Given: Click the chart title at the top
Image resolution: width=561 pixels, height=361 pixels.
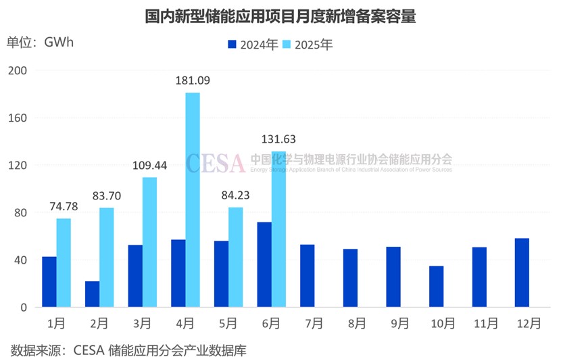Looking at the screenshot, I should [280, 16].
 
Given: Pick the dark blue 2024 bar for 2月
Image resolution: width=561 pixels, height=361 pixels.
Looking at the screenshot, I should [92, 294].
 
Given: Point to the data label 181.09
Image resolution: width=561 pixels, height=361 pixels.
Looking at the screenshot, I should [192, 80].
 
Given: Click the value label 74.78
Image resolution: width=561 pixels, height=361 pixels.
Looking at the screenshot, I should [64, 206].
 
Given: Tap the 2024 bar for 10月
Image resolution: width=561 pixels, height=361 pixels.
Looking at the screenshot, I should [437, 287].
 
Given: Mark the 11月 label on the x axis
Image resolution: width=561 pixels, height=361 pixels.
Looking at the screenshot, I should [479, 322].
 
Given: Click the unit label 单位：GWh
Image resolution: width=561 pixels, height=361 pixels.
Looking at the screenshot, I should [40, 42].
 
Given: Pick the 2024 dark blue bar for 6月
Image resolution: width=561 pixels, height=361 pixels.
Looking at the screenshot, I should [264, 264].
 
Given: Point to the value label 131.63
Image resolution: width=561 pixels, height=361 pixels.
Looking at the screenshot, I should [278, 139].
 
